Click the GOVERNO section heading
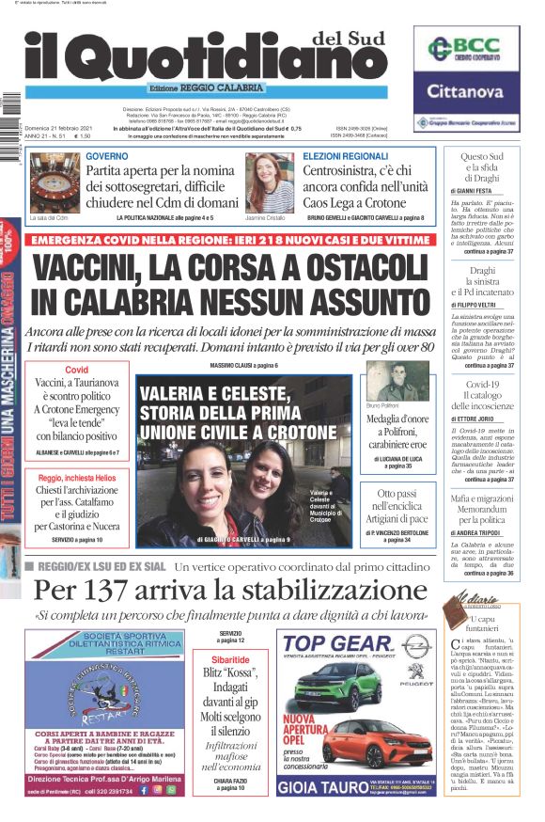pos(107,155)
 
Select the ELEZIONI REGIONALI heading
pos(345,155)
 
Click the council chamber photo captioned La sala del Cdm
pos(54,184)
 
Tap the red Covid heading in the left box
pos(76,370)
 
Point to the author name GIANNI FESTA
pos(482,191)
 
